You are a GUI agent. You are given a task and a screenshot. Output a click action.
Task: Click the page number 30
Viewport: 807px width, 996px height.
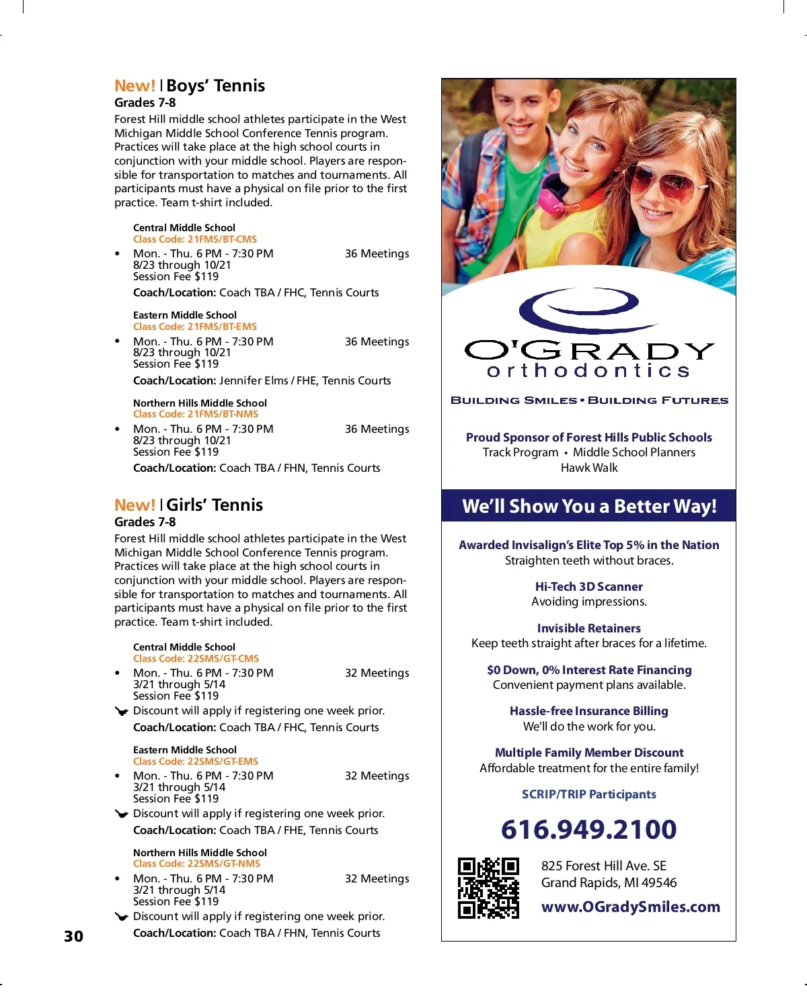point(74,936)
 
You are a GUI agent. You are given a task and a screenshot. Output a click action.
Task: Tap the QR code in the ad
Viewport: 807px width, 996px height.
point(488,888)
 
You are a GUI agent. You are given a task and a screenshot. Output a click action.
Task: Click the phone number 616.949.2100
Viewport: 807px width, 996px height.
point(588,829)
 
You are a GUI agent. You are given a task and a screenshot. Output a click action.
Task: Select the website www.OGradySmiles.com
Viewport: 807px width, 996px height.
point(630,907)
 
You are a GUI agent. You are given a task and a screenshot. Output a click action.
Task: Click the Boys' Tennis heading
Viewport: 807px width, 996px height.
point(215,86)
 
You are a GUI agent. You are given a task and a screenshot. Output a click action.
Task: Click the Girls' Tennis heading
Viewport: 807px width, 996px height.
point(215,505)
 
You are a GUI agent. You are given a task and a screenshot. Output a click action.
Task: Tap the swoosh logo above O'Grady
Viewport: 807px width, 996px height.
point(579,310)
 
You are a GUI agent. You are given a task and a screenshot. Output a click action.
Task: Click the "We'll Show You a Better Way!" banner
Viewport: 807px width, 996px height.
point(589,506)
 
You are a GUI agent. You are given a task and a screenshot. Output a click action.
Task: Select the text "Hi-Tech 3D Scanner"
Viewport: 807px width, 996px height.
point(589,587)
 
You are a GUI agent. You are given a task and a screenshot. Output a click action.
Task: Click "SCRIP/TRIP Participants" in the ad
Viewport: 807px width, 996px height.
point(589,794)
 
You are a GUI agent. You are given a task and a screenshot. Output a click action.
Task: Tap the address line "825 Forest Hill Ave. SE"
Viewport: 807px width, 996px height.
point(604,866)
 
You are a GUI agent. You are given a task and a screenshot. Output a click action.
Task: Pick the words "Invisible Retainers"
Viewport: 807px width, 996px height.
point(589,628)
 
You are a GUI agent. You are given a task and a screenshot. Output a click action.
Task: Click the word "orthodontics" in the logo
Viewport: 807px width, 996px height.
point(588,371)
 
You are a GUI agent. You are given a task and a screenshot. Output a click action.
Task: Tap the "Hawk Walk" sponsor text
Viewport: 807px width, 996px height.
point(589,468)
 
